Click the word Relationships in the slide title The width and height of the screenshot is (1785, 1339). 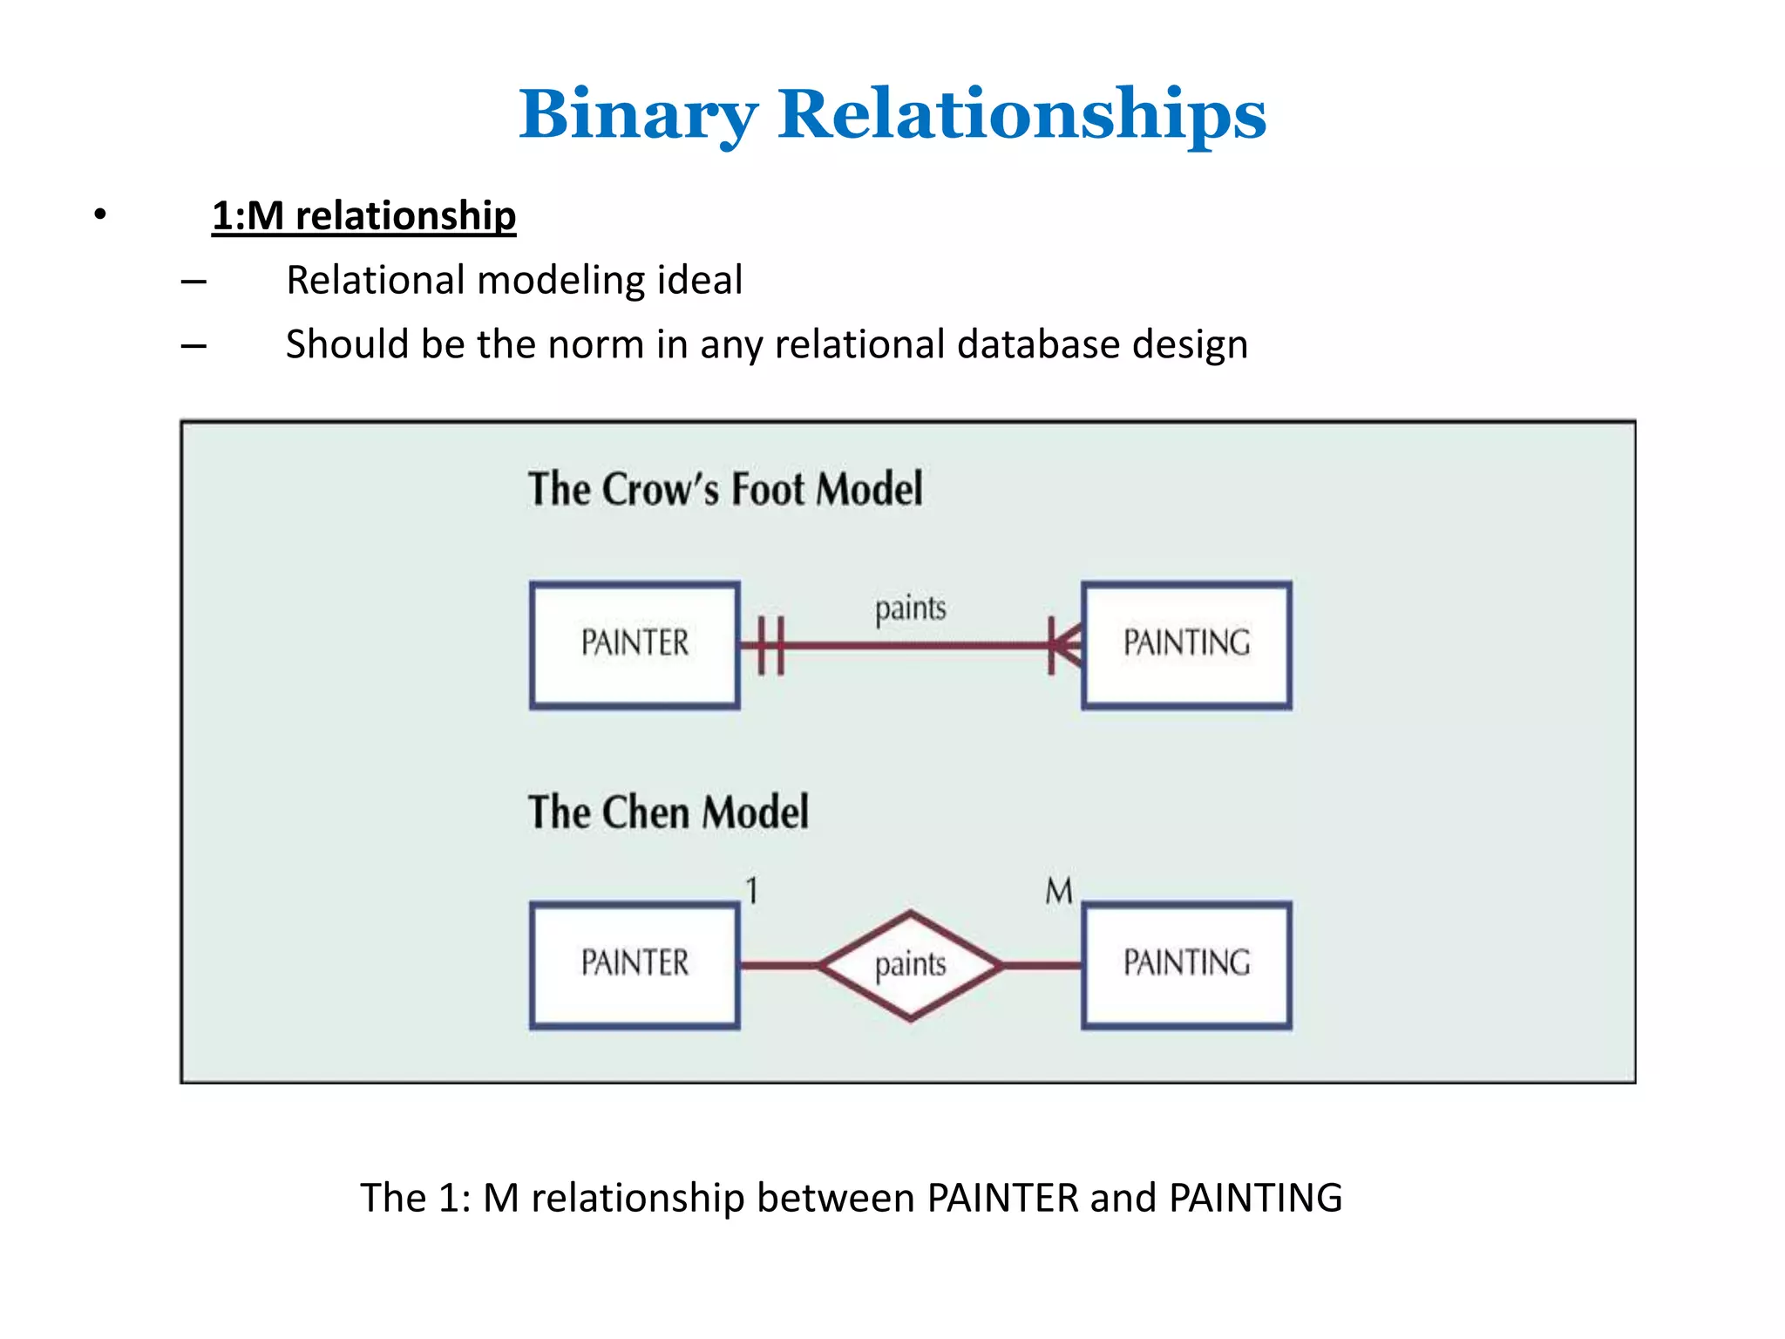coord(1021,115)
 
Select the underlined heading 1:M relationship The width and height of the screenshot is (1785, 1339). coord(363,216)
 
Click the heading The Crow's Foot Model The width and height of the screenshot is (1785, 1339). coord(725,488)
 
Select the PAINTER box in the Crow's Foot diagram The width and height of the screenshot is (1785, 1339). coord(635,645)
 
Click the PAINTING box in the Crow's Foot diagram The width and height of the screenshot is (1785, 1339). coord(1186,645)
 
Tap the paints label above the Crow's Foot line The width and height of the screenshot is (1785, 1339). coord(910,608)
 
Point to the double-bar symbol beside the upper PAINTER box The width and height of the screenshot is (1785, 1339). coord(770,645)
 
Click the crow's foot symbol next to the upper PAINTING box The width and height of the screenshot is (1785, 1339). coord(1064,645)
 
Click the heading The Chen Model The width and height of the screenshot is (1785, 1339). coord(669,812)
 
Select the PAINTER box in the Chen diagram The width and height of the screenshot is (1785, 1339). coord(635,965)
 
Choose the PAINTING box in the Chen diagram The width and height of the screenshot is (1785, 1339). coord(1186,965)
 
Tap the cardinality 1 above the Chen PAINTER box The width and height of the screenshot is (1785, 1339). coord(752,891)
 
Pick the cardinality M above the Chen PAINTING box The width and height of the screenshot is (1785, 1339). coord(1058,891)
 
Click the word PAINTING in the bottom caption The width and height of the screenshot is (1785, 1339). coord(1255,1198)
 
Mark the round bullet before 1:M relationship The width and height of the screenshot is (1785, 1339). coord(101,214)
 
